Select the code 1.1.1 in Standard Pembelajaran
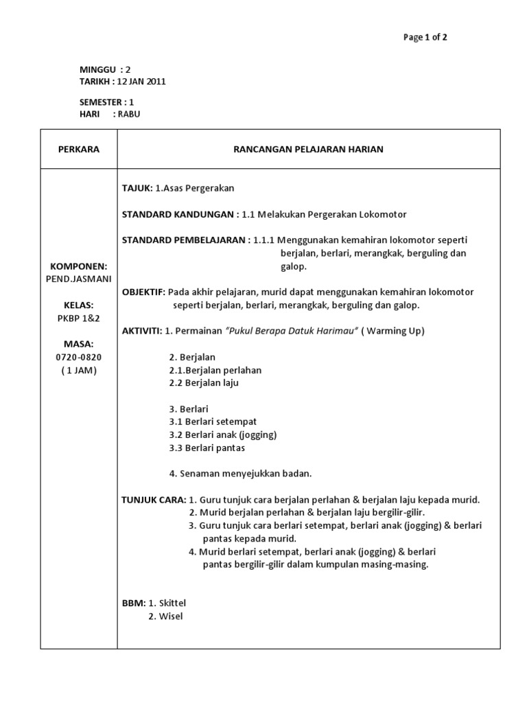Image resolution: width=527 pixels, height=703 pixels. click(x=264, y=240)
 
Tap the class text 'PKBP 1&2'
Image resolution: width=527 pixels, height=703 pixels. click(x=78, y=318)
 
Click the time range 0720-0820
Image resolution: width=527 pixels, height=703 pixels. click(x=78, y=358)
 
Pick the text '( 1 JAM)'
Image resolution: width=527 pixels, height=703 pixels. click(x=78, y=371)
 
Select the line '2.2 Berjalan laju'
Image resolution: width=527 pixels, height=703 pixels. click(x=203, y=383)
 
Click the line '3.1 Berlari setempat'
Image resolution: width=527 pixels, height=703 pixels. click(x=213, y=422)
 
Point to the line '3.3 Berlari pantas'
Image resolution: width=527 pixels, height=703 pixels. click(x=207, y=448)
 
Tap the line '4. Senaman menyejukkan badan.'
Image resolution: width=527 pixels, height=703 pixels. click(x=240, y=474)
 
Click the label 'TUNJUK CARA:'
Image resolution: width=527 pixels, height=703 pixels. click(x=154, y=500)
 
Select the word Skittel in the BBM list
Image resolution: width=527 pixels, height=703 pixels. click(x=172, y=603)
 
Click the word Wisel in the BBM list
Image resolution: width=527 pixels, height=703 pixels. click(x=171, y=616)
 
